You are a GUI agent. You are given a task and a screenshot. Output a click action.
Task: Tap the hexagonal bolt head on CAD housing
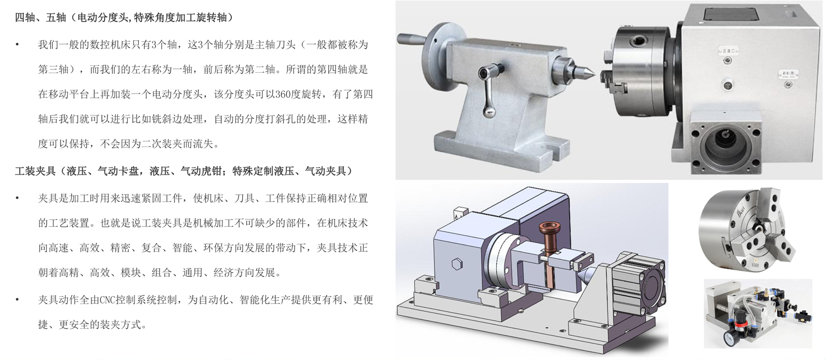(x=457, y=264)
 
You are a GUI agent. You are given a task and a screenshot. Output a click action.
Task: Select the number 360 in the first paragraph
(x=283, y=95)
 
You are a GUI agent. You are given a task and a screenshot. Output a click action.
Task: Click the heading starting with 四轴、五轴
(x=124, y=17)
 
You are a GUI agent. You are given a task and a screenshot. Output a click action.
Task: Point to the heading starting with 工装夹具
(x=183, y=171)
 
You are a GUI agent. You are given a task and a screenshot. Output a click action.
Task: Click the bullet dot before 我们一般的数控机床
(x=17, y=45)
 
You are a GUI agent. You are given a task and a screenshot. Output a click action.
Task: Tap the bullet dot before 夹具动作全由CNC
(x=17, y=300)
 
